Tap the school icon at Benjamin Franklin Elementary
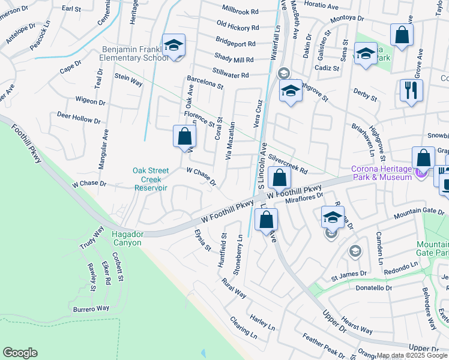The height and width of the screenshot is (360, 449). point(173,46)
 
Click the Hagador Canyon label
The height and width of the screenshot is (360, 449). point(126,239)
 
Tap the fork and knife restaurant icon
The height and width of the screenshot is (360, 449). point(411,91)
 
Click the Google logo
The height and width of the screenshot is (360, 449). point(20,353)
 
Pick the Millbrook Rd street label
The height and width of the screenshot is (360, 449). point(240,11)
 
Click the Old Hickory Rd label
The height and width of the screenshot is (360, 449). point(238,26)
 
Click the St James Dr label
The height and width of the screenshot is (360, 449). point(349,275)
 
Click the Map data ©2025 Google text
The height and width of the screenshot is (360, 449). point(412,355)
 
